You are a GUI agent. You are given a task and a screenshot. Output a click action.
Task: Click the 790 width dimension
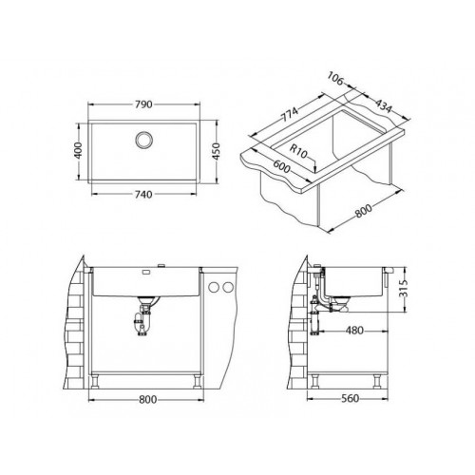tap(143, 104)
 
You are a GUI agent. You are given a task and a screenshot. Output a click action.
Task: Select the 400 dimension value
tap(79, 150)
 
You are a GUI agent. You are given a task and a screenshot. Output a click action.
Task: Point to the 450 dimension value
tap(216, 151)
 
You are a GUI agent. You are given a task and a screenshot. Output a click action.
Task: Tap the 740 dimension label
tap(143, 194)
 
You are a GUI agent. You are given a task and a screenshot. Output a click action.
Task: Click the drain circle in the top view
tap(144, 140)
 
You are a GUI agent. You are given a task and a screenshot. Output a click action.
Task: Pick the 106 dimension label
tap(335, 79)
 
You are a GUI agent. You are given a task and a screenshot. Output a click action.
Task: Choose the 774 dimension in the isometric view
tap(291, 115)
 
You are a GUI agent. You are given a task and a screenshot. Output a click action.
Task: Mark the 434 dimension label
tap(384, 106)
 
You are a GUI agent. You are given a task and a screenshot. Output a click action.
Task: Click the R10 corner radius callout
tap(298, 151)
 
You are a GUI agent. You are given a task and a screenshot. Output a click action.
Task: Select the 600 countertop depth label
tap(281, 166)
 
